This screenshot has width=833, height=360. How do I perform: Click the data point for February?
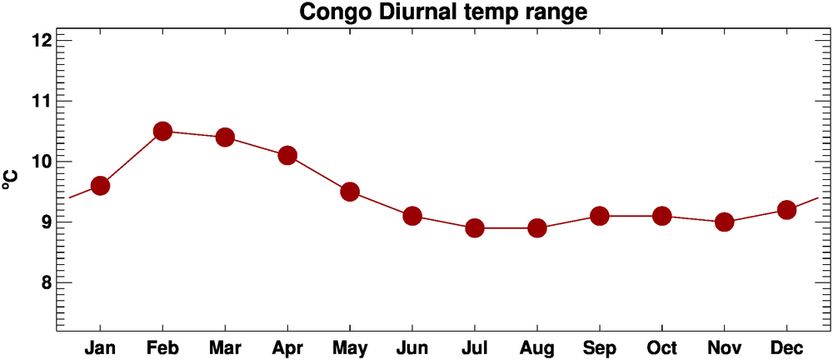pos(162,131)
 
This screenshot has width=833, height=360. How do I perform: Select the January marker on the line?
pos(100,185)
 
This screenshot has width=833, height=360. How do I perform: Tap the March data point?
pos(225,137)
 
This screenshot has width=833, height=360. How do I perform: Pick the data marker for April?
pos(287,155)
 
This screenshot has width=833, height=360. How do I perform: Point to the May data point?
pos(350,192)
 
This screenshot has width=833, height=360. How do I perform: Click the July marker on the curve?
pos(475,227)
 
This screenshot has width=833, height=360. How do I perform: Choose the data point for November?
pos(724,222)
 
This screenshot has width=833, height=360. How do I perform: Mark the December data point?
pos(786,210)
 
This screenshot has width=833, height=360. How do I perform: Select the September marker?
pos(600,216)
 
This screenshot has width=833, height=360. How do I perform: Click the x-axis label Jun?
pos(412,347)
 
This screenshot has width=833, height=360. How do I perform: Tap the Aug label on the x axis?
pos(537,347)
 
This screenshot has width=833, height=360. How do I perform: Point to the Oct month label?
pos(662,347)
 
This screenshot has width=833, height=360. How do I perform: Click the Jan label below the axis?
pos(100,347)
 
